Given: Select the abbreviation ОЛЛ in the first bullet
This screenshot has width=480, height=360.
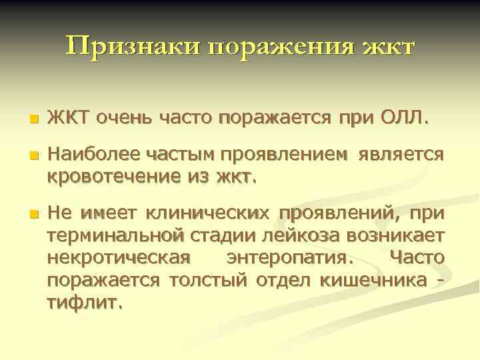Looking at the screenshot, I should [x=400, y=119].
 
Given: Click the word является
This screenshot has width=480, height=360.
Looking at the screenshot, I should [x=401, y=155].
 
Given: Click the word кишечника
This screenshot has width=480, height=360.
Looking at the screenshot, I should [x=373, y=279].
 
